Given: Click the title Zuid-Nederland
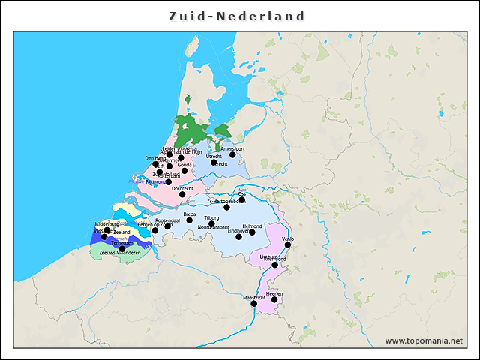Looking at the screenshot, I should [237, 16].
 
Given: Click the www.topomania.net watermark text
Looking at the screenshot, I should [424, 340].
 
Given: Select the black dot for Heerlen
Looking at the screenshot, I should [274, 300].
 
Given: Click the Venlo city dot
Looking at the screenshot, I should [288, 244].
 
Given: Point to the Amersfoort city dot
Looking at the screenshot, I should [232, 155].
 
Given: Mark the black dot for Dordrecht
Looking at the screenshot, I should [182, 195].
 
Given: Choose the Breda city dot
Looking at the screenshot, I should [190, 220].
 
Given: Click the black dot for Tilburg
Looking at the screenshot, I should [211, 223].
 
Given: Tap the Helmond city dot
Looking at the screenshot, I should [252, 232].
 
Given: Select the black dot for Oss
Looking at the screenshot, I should [242, 200].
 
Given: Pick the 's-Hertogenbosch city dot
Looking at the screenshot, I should [226, 207].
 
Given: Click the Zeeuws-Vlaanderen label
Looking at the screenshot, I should [114, 253].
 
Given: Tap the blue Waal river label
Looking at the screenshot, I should [241, 189].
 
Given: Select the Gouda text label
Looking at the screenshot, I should [184, 165].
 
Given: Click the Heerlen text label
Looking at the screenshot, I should [274, 293].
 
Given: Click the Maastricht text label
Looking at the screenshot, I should [255, 298].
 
